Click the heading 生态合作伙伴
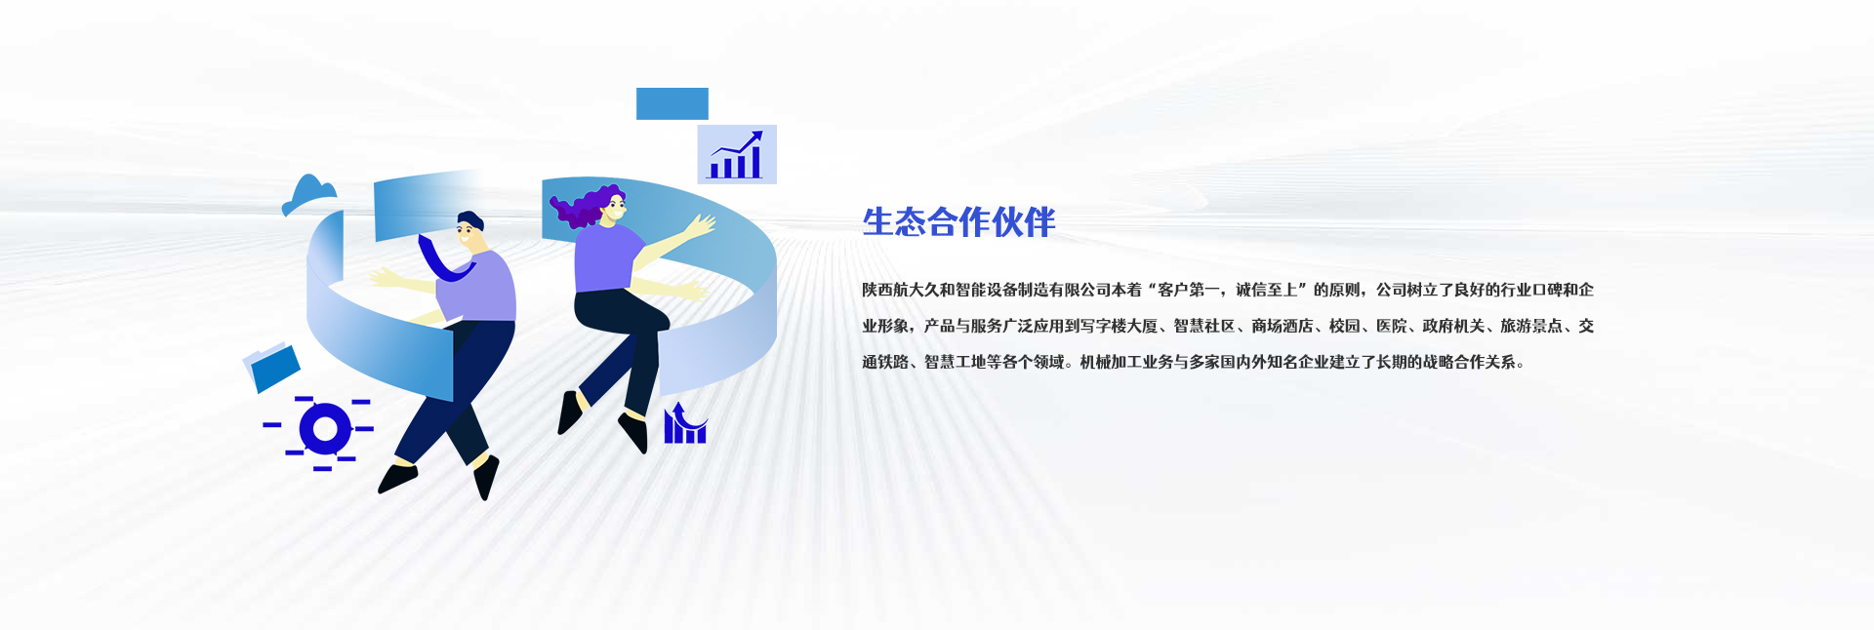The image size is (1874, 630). tap(958, 222)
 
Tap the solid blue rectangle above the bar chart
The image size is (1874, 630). tap(672, 103)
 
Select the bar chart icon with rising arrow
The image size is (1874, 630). tap(737, 154)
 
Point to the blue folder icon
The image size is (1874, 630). tap(271, 367)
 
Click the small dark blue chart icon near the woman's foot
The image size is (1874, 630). tap(685, 423)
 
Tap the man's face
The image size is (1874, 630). tap(469, 234)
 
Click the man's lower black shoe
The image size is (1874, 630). tap(486, 477)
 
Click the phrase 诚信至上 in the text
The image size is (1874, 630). tap(1267, 290)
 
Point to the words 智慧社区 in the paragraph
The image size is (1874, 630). tap(1204, 326)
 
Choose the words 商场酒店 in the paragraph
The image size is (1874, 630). tap(1283, 326)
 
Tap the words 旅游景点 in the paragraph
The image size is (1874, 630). tap(1531, 326)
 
